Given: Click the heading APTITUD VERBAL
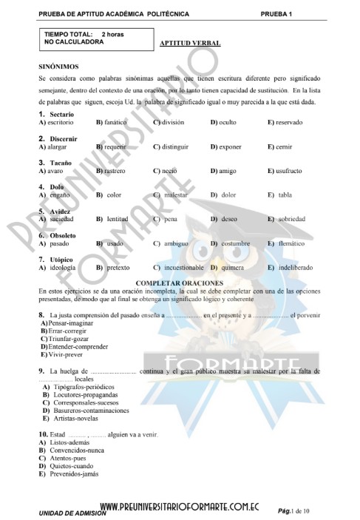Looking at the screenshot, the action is click(190, 44).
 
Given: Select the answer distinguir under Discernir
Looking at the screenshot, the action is click(174, 146).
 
